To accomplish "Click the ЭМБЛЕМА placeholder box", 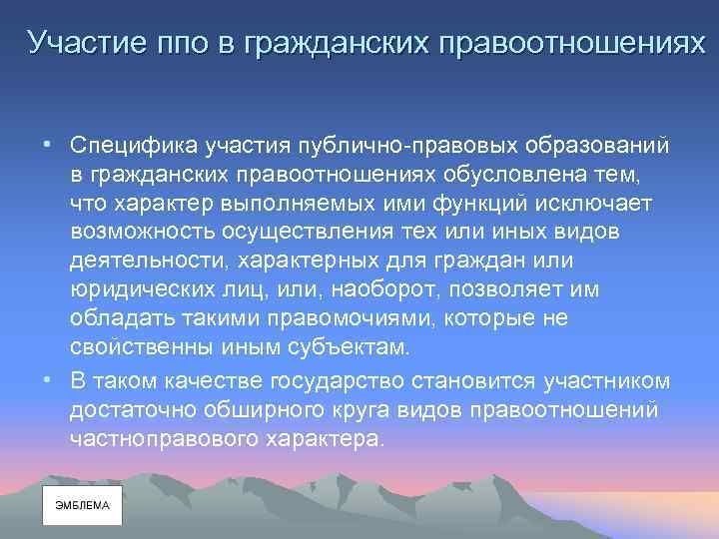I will tap(82, 506).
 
